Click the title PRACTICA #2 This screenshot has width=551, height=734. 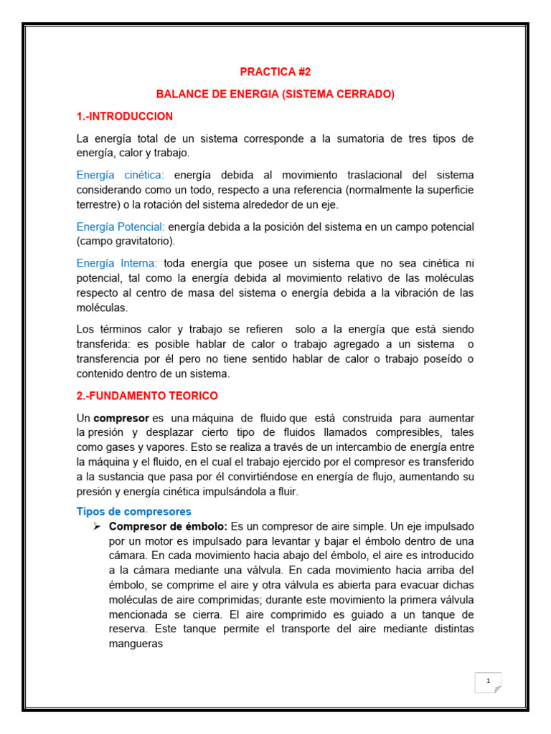tap(275, 72)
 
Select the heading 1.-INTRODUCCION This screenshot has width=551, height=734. tap(125, 116)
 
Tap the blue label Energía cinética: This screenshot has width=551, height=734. tap(120, 175)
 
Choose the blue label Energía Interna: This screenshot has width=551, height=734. tap(118, 263)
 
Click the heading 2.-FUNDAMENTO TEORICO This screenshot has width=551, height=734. tap(147, 396)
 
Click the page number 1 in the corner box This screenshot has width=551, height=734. tap(488, 681)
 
